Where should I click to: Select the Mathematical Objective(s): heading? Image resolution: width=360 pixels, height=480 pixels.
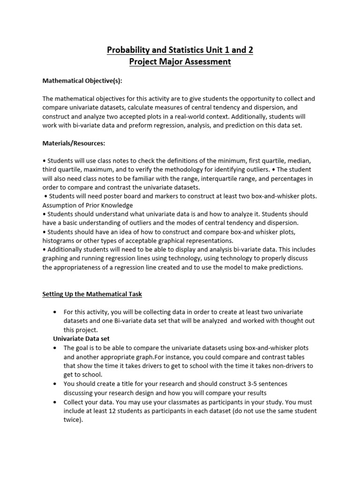(82, 81)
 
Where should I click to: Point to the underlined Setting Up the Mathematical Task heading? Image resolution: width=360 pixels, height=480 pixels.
(92, 294)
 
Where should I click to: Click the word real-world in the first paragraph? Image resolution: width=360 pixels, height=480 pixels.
(197, 116)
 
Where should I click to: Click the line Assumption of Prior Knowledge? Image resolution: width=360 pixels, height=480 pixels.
(88, 205)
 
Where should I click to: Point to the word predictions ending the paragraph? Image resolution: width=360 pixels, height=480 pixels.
(285, 268)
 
